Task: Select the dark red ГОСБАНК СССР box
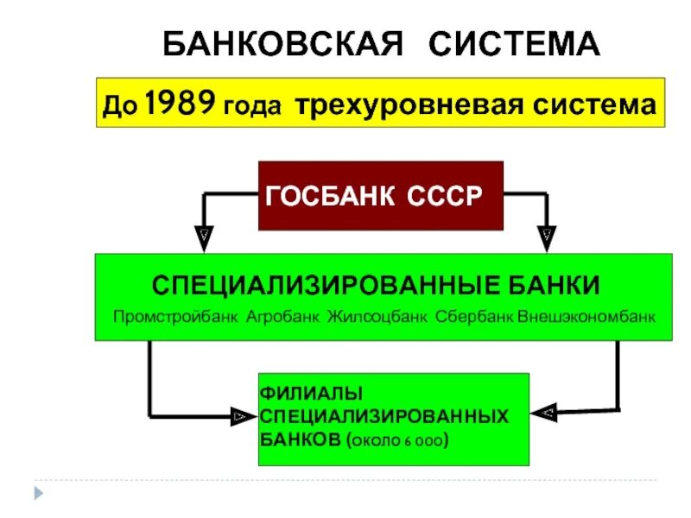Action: click(x=381, y=196)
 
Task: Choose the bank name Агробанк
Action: click(x=282, y=317)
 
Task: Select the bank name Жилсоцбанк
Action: click(x=377, y=317)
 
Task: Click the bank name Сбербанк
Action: click(x=474, y=317)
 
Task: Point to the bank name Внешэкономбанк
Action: click(x=586, y=317)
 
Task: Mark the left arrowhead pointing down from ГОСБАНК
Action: click(x=204, y=234)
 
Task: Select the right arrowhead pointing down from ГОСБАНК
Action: click(x=547, y=234)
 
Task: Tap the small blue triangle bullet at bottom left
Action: click(x=37, y=493)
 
